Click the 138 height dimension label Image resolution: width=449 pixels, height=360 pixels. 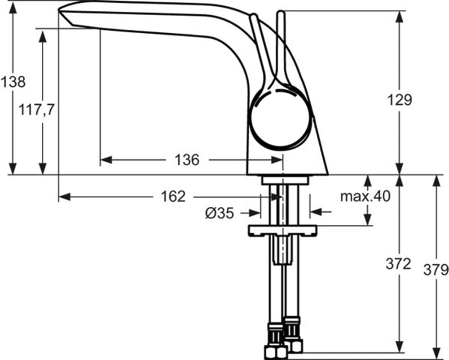click(x=13, y=82)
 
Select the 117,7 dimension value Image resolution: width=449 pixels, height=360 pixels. click(x=36, y=110)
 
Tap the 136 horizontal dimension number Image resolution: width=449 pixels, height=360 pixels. click(x=187, y=160)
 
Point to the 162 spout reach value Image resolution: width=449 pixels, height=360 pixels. click(x=173, y=196)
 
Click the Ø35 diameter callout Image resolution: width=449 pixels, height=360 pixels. click(x=220, y=213)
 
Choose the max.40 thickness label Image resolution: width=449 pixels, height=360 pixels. click(x=365, y=196)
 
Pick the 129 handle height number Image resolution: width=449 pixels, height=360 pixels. click(x=400, y=100)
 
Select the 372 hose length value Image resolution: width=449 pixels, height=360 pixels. click(x=398, y=264)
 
